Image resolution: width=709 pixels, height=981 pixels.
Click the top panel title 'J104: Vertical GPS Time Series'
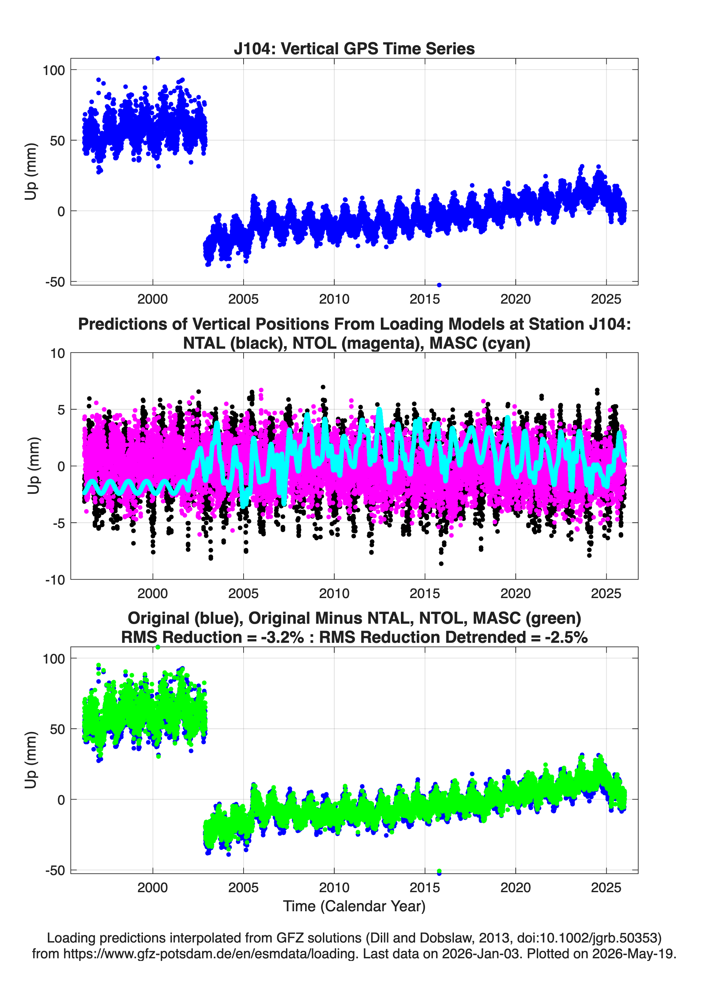pyautogui.click(x=354, y=48)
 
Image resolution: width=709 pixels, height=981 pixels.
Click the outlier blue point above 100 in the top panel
pyautogui.click(x=158, y=59)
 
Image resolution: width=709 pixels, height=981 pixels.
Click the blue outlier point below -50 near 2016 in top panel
pyautogui.click(x=439, y=285)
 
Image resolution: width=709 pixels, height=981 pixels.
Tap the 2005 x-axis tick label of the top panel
pyautogui.click(x=243, y=299)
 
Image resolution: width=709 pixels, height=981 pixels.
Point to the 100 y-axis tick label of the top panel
pyautogui.click(x=54, y=70)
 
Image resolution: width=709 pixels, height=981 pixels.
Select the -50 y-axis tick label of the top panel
pyautogui.click(x=55, y=282)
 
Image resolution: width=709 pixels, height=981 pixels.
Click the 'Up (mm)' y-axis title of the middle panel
pyautogui.click(x=33, y=466)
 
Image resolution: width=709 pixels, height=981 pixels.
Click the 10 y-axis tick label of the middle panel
pyautogui.click(x=58, y=353)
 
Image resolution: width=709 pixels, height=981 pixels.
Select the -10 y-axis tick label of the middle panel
pyautogui.click(x=55, y=580)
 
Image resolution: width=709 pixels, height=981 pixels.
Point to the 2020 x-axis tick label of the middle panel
pyautogui.click(x=515, y=593)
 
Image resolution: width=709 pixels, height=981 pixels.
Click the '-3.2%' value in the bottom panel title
pyautogui.click(x=282, y=638)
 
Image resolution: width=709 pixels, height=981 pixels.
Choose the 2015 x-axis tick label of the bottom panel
pyautogui.click(x=425, y=888)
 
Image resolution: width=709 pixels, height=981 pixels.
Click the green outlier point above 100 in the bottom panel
pyautogui.click(x=158, y=647)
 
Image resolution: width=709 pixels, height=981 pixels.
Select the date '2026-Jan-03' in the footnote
pyautogui.click(x=481, y=954)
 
